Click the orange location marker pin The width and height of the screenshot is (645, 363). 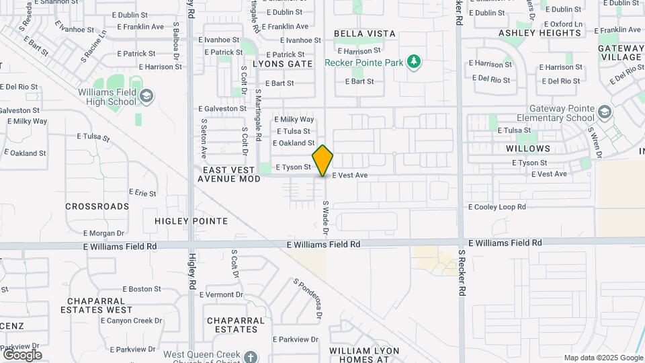pos(322,161)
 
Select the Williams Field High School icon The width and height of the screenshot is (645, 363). pos(146,96)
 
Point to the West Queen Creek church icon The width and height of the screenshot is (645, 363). pos(251,357)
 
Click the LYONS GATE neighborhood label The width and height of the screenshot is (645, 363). pos(283,64)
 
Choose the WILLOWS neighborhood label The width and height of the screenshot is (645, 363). pos(528,149)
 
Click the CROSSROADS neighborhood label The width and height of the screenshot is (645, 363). pos(97,206)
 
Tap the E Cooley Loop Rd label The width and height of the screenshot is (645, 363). pos(497,207)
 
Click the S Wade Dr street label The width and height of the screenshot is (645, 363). pos(325,218)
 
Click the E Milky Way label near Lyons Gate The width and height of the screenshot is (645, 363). pos(294,119)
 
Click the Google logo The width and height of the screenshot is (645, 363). pos(22,354)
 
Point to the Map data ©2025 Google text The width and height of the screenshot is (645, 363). pos(603,358)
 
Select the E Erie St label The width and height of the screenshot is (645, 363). pos(142,193)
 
